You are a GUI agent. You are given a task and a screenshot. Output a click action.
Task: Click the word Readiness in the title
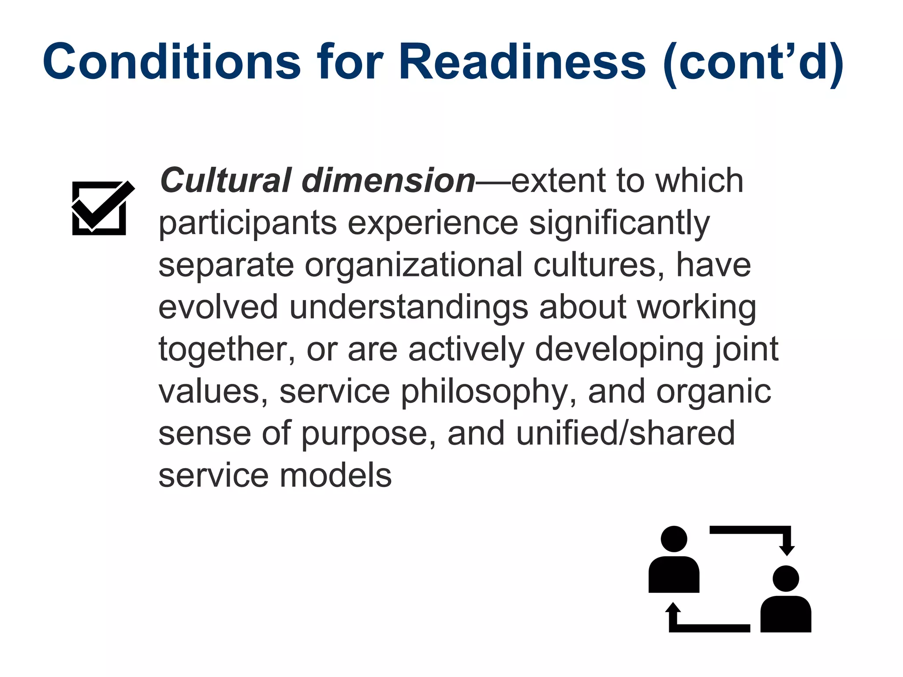click(x=522, y=62)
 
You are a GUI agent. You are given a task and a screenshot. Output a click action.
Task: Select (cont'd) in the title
click(x=753, y=63)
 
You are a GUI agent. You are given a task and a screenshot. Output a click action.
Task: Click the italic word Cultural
click(x=225, y=181)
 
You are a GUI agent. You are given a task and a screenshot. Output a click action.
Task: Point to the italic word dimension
click(x=388, y=181)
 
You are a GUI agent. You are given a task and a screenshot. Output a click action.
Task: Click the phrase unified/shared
click(x=625, y=434)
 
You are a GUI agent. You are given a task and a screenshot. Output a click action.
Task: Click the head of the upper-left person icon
click(x=674, y=539)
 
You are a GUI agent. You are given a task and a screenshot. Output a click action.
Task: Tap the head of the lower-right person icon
click(x=786, y=579)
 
